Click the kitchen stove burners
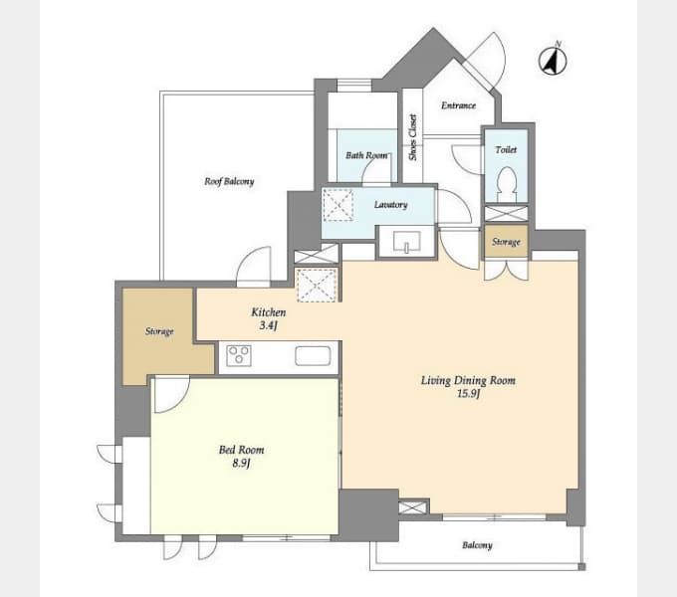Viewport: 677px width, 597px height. click(239, 356)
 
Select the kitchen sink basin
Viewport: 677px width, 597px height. click(313, 356)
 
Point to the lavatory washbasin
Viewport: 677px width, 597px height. click(406, 242)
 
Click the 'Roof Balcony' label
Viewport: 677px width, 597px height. click(229, 181)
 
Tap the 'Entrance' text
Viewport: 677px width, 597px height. click(459, 105)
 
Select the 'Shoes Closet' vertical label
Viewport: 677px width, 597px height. click(413, 137)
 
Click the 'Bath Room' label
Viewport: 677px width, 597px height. click(366, 155)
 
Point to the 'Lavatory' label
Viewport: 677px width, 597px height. click(390, 204)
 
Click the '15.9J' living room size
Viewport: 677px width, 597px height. click(469, 393)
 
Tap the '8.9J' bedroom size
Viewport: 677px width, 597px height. click(241, 464)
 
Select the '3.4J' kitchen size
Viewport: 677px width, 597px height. click(268, 325)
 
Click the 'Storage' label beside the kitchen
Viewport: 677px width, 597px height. click(159, 331)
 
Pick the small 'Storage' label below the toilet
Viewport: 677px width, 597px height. click(506, 242)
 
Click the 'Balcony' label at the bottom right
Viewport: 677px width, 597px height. click(477, 545)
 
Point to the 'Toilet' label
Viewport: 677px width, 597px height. click(506, 149)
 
